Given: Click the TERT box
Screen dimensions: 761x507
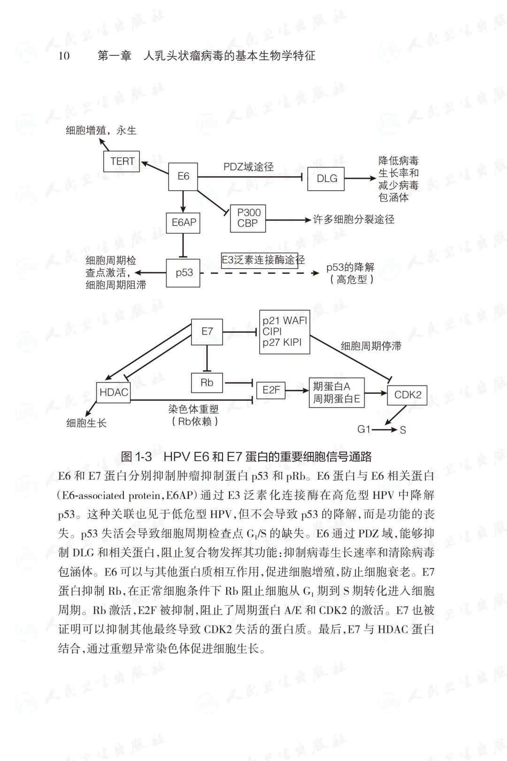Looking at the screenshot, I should pyautogui.click(x=122, y=161).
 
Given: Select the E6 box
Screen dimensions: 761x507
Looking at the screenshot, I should pyautogui.click(x=183, y=177).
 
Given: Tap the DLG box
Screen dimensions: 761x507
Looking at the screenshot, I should pyautogui.click(x=327, y=179).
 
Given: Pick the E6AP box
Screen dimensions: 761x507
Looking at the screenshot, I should pyautogui.click(x=183, y=223).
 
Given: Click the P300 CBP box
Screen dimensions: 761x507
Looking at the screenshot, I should pyautogui.click(x=248, y=218).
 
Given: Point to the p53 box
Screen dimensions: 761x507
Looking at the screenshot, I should pyautogui.click(x=184, y=272).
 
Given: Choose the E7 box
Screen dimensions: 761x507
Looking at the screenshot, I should pyautogui.click(x=207, y=332).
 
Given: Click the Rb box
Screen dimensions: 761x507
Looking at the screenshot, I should pyautogui.click(x=207, y=382).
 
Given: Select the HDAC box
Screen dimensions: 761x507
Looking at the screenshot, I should pyautogui.click(x=114, y=392).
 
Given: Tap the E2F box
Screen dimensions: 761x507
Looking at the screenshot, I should pyautogui.click(x=271, y=390).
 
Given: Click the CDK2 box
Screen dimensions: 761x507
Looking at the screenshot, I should pyautogui.click(x=407, y=395).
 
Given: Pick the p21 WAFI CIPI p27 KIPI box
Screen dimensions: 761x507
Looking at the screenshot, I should pyautogui.click(x=284, y=332).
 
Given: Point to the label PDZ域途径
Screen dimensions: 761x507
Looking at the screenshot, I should pyautogui.click(x=248, y=167).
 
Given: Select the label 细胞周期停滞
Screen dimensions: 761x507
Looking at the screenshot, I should pyautogui.click(x=371, y=346).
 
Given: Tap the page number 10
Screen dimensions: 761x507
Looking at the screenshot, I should pyautogui.click(x=64, y=56).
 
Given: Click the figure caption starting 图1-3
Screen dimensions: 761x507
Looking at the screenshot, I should pyautogui.click(x=246, y=456).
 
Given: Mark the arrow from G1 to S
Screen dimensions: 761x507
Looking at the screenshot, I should pyautogui.click(x=385, y=429).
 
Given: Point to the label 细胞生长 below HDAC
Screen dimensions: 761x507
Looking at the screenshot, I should pyautogui.click(x=87, y=423).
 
